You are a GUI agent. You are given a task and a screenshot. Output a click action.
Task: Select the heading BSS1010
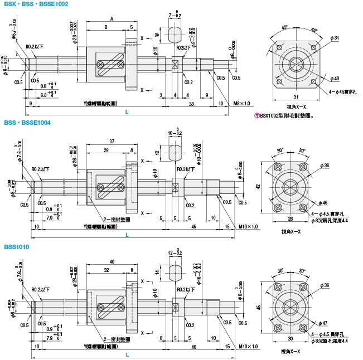17,247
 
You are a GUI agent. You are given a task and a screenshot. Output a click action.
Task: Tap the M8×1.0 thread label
242,103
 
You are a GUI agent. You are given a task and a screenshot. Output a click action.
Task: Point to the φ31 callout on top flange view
335,38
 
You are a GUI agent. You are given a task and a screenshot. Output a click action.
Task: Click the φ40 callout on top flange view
335,79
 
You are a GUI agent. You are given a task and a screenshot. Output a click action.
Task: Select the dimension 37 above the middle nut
112,142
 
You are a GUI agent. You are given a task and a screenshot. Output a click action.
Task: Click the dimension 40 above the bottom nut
112,262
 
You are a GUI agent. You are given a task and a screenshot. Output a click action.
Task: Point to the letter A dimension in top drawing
112,18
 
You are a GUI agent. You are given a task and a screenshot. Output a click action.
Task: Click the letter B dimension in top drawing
106,27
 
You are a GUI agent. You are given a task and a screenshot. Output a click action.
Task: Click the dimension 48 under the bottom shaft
193,346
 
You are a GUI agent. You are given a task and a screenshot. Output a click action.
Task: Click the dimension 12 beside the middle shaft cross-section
157,152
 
